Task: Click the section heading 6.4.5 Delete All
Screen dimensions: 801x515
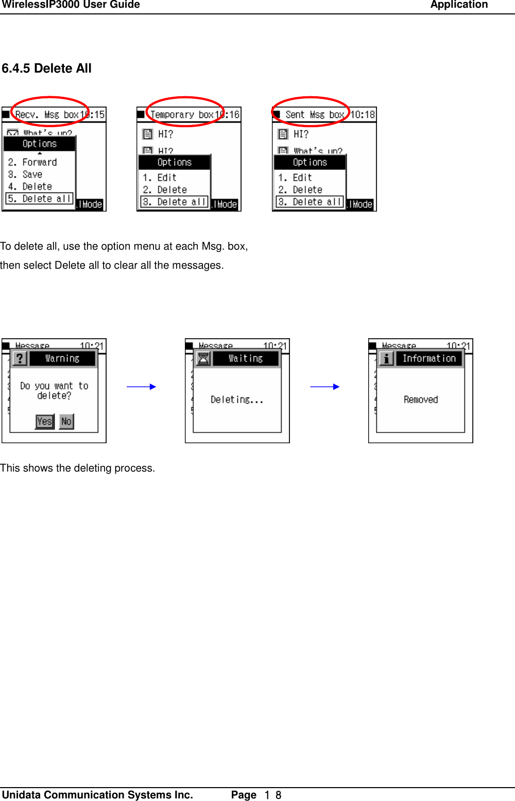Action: tap(46, 68)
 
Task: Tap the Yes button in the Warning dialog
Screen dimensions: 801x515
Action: tap(45, 421)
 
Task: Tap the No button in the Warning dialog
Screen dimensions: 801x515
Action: tap(66, 421)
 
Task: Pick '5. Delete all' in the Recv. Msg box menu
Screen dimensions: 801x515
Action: tap(39, 199)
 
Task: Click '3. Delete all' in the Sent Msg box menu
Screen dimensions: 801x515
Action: tap(310, 202)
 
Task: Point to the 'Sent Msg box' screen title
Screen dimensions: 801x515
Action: tap(314, 114)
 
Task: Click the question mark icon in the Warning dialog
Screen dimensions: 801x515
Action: tap(20, 358)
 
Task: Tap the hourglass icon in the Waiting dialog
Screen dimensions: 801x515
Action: tap(203, 358)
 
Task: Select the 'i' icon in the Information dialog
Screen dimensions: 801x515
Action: tap(386, 358)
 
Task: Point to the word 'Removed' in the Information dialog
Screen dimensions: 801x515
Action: tap(421, 399)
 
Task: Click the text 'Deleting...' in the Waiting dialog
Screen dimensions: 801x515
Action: tap(237, 399)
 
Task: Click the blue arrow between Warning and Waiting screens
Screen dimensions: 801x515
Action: tap(141, 387)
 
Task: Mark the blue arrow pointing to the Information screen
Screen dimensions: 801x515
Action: tap(324, 387)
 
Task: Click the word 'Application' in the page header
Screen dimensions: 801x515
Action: tap(459, 5)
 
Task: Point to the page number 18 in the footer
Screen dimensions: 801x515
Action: tap(273, 795)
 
